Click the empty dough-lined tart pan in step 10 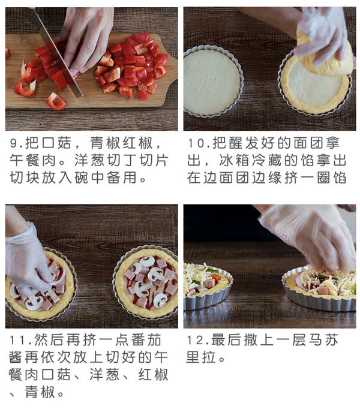(213, 80)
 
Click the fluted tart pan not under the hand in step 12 (208, 288)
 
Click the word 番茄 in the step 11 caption (154, 341)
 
